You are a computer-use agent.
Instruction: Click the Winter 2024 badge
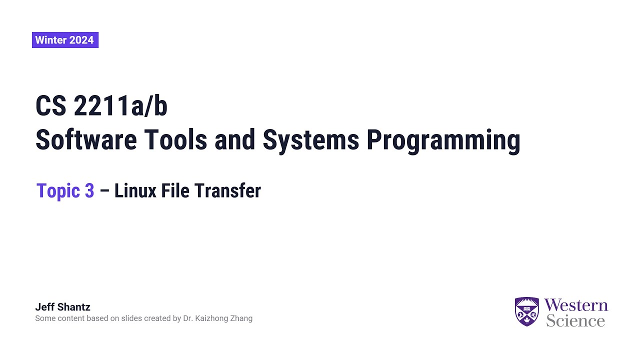[65, 40]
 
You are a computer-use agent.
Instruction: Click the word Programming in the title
[443, 140]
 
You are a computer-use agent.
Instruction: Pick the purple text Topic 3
[65, 190]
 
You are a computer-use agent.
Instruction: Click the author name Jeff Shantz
[62, 307]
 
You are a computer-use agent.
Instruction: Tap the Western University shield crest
[527, 311]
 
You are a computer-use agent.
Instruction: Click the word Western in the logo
[576, 305]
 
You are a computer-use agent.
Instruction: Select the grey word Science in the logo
[575, 320]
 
